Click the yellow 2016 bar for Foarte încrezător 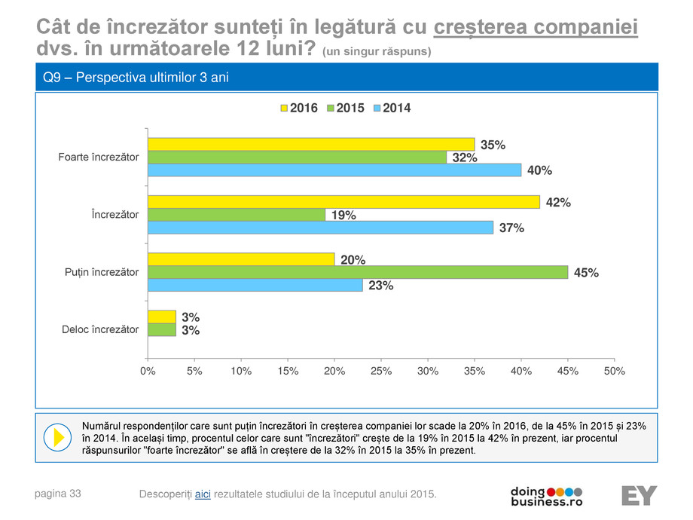(x=311, y=144)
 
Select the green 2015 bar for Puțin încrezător (x=358, y=272)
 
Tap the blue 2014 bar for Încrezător (x=320, y=228)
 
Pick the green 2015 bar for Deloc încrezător (x=162, y=329)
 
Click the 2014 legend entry (x=391, y=109)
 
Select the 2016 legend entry (x=298, y=109)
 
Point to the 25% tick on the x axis (x=381, y=372)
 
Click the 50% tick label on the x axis (x=615, y=372)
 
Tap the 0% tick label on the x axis (x=148, y=372)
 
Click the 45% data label (x=586, y=274)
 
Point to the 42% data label (x=558, y=203)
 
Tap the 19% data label (x=343, y=216)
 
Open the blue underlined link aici (x=203, y=494)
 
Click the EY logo (x=639, y=495)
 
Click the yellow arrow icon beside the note (x=57, y=436)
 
